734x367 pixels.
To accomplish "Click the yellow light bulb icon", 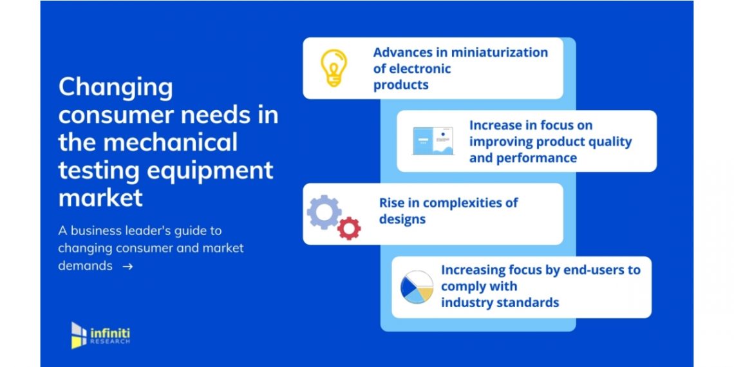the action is [x=334, y=68].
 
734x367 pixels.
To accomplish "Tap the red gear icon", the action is [x=349, y=229].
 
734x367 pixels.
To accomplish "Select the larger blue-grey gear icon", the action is [x=324, y=212].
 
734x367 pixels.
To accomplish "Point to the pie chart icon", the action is [x=417, y=287].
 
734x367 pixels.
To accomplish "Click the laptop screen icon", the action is [x=433, y=141].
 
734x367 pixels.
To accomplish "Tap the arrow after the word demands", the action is [x=127, y=267].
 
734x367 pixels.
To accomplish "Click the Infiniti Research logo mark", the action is [x=79, y=335].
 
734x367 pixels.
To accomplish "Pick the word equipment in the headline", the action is [x=210, y=171].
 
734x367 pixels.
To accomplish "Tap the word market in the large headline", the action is [x=100, y=198].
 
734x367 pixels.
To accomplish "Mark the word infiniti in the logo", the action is [x=110, y=334].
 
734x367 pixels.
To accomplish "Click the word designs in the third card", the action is [x=402, y=220].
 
